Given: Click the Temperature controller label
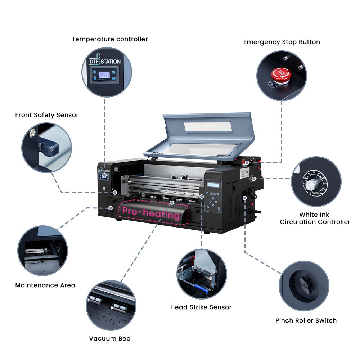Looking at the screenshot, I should [109, 39].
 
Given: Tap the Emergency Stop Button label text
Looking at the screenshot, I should [282, 42].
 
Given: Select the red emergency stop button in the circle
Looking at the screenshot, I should [281, 74].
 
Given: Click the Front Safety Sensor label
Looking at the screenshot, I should [46, 115].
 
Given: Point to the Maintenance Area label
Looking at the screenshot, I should [45, 285].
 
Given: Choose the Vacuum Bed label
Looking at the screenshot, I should [110, 338].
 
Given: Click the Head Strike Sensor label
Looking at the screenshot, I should [201, 307].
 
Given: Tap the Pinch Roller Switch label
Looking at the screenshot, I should [306, 320].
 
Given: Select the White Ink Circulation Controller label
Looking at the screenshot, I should [315, 218].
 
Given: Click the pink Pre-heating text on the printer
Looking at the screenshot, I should [151, 213].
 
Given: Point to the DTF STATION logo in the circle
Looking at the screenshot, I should [105, 62].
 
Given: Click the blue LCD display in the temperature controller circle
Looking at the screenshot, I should [104, 76].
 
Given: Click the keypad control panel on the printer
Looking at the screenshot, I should [214, 201].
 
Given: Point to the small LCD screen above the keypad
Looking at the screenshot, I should [213, 184].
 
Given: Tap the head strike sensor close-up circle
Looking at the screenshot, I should [202, 274].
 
